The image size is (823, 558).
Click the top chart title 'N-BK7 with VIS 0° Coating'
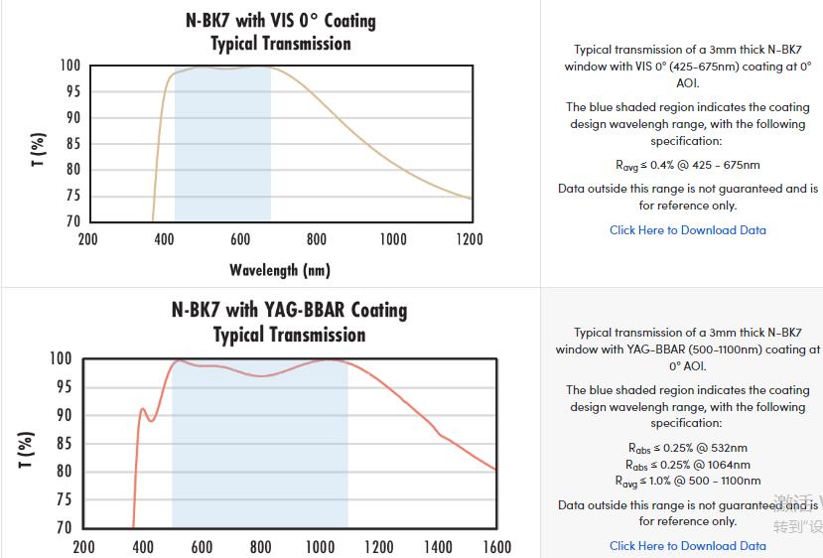pos(281,20)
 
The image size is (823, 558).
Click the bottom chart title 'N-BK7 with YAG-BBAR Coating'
pos(289,310)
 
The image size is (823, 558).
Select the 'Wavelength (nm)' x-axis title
pos(279,269)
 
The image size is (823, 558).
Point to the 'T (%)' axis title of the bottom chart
pos(27,449)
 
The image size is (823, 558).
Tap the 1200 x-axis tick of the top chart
pos(469,239)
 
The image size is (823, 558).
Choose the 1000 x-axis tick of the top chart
pos(393,239)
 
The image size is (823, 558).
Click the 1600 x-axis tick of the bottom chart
pos(496,547)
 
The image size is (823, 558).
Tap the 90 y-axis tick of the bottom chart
pos(62,415)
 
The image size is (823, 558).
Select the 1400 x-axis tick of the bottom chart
pos(437,547)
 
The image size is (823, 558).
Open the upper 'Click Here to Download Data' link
pos(687,230)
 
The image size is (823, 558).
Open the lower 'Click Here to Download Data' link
pos(687,545)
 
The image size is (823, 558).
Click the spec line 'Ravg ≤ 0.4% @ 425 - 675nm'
pos(687,165)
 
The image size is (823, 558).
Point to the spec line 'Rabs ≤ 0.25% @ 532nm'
pos(687,448)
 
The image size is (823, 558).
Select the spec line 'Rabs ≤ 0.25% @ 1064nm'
pos(687,465)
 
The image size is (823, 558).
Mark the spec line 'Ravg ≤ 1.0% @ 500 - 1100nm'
pos(687,482)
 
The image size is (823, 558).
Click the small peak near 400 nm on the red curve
pos(142,409)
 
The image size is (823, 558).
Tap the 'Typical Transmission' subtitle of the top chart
pos(281,44)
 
